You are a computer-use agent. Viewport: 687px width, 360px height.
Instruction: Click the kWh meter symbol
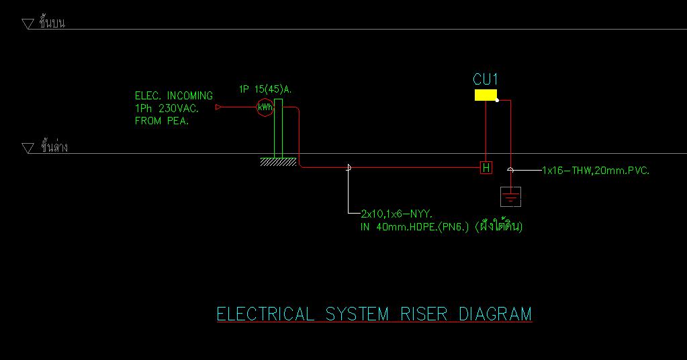(x=265, y=107)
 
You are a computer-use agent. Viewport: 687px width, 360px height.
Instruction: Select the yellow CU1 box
(x=486, y=95)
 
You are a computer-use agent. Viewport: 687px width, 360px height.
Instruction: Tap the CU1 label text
(x=486, y=80)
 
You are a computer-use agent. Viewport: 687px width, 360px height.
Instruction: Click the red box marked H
(x=486, y=167)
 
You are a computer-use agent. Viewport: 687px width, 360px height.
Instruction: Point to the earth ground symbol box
(x=510, y=197)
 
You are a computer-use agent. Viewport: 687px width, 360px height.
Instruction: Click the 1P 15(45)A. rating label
(x=265, y=89)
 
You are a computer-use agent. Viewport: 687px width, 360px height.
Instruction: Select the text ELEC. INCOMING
(x=174, y=96)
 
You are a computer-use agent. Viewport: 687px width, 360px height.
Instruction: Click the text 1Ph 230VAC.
(x=167, y=108)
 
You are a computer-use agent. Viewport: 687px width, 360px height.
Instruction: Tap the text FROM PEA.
(x=162, y=121)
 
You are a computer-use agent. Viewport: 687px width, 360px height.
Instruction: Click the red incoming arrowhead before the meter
(x=218, y=107)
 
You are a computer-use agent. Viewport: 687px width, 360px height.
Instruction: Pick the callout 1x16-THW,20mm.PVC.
(x=596, y=171)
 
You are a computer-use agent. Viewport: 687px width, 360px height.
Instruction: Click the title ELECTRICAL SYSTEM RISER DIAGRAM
(x=374, y=314)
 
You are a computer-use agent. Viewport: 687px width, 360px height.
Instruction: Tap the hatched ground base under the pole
(x=278, y=161)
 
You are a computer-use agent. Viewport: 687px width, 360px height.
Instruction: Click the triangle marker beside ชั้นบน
(x=28, y=24)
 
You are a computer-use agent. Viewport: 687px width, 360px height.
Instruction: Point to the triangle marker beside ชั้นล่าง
(x=28, y=148)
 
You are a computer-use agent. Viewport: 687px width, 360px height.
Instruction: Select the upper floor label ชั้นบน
(x=52, y=23)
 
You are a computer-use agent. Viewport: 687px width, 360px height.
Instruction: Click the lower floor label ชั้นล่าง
(x=54, y=146)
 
